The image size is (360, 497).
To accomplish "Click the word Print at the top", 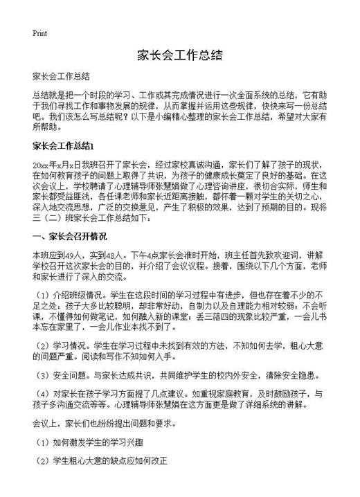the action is (x=39, y=33).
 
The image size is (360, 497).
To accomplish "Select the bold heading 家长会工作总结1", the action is (x=68, y=146).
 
